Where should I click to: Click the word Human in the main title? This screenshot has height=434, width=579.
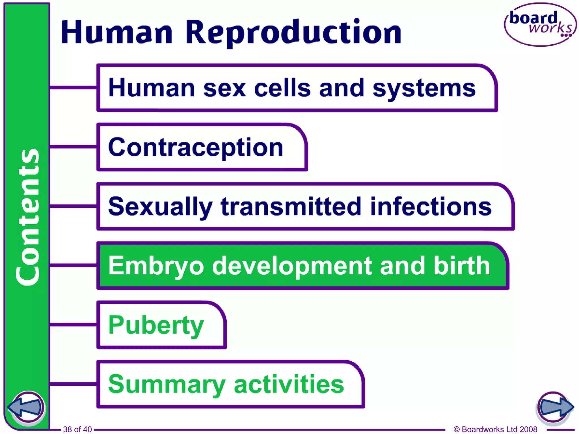click(116, 32)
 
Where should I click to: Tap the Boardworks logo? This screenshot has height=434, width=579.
click(540, 25)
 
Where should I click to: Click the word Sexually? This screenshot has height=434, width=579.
click(160, 207)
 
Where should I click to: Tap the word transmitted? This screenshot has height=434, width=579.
click(291, 207)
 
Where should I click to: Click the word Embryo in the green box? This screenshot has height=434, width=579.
click(156, 266)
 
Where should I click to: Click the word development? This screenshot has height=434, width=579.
click(292, 266)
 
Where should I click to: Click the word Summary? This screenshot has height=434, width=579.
click(167, 385)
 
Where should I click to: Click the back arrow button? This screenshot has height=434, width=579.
click(26, 407)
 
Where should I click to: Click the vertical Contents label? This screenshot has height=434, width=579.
click(27, 217)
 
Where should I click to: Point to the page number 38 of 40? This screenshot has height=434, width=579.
click(77, 429)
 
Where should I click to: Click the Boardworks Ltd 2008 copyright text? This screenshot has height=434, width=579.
click(495, 429)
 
